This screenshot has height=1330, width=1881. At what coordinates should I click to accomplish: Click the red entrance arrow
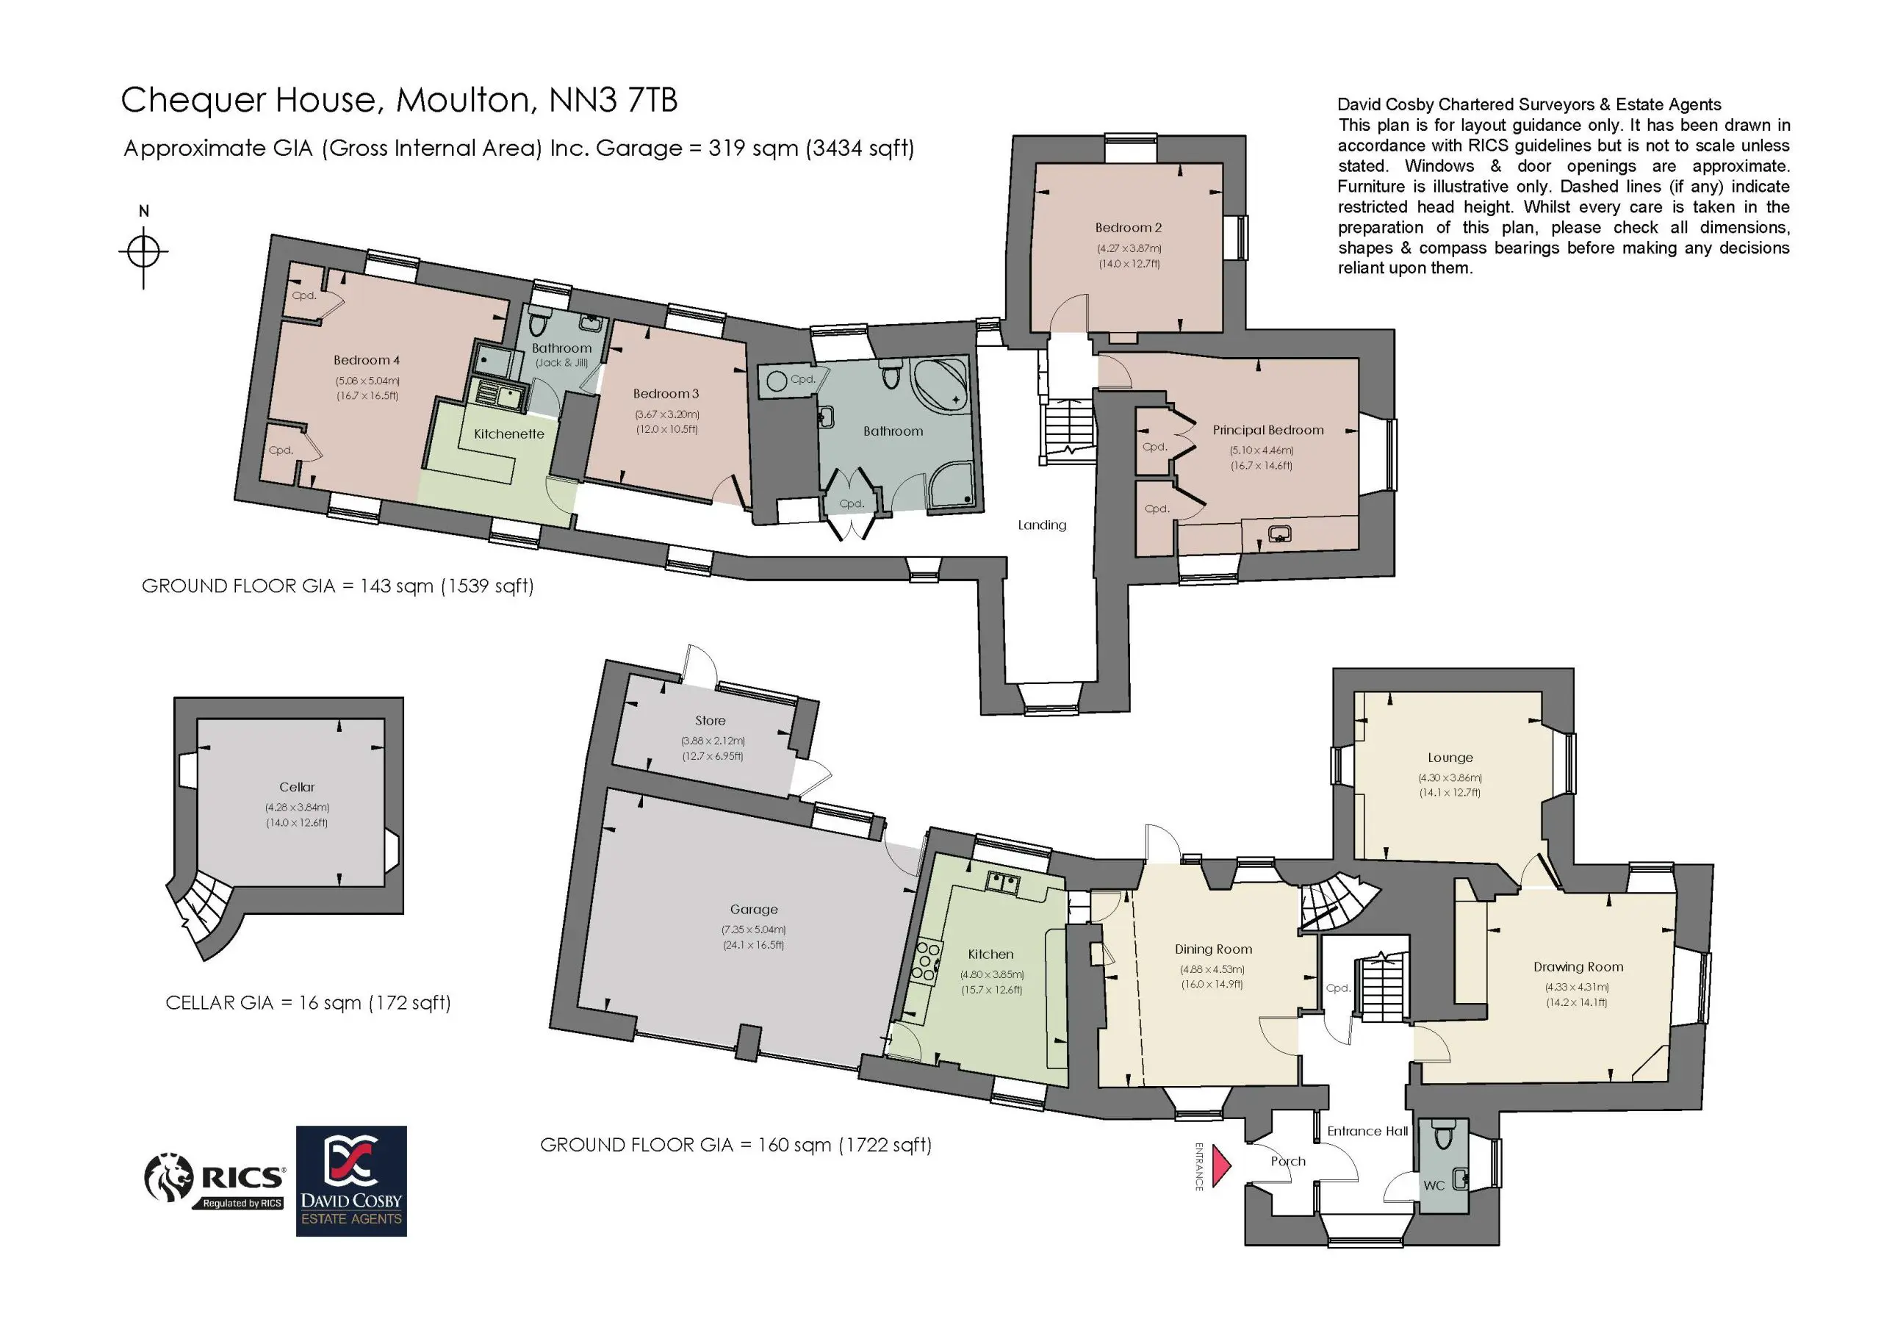tap(1220, 1166)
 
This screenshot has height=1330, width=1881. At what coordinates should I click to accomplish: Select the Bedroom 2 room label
tap(1128, 228)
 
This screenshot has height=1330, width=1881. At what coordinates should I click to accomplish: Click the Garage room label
tap(754, 909)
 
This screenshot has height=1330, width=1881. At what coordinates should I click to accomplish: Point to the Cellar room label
tap(297, 787)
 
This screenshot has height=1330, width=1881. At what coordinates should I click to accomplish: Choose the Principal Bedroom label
tap(1268, 430)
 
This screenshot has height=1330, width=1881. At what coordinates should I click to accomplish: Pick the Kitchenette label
tap(508, 434)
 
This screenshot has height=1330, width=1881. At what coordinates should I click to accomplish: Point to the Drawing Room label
tap(1578, 967)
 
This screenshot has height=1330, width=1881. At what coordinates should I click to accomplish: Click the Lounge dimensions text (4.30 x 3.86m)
tap(1450, 777)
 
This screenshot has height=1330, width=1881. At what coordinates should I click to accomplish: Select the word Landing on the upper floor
tap(1042, 525)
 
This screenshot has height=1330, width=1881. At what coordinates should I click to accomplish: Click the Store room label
tap(711, 720)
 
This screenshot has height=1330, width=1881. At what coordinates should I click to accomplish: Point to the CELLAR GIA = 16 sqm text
tap(308, 1003)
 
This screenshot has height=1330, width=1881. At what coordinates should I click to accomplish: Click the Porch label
tap(1288, 1161)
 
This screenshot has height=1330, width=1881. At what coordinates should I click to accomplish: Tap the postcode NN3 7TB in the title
tap(613, 100)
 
